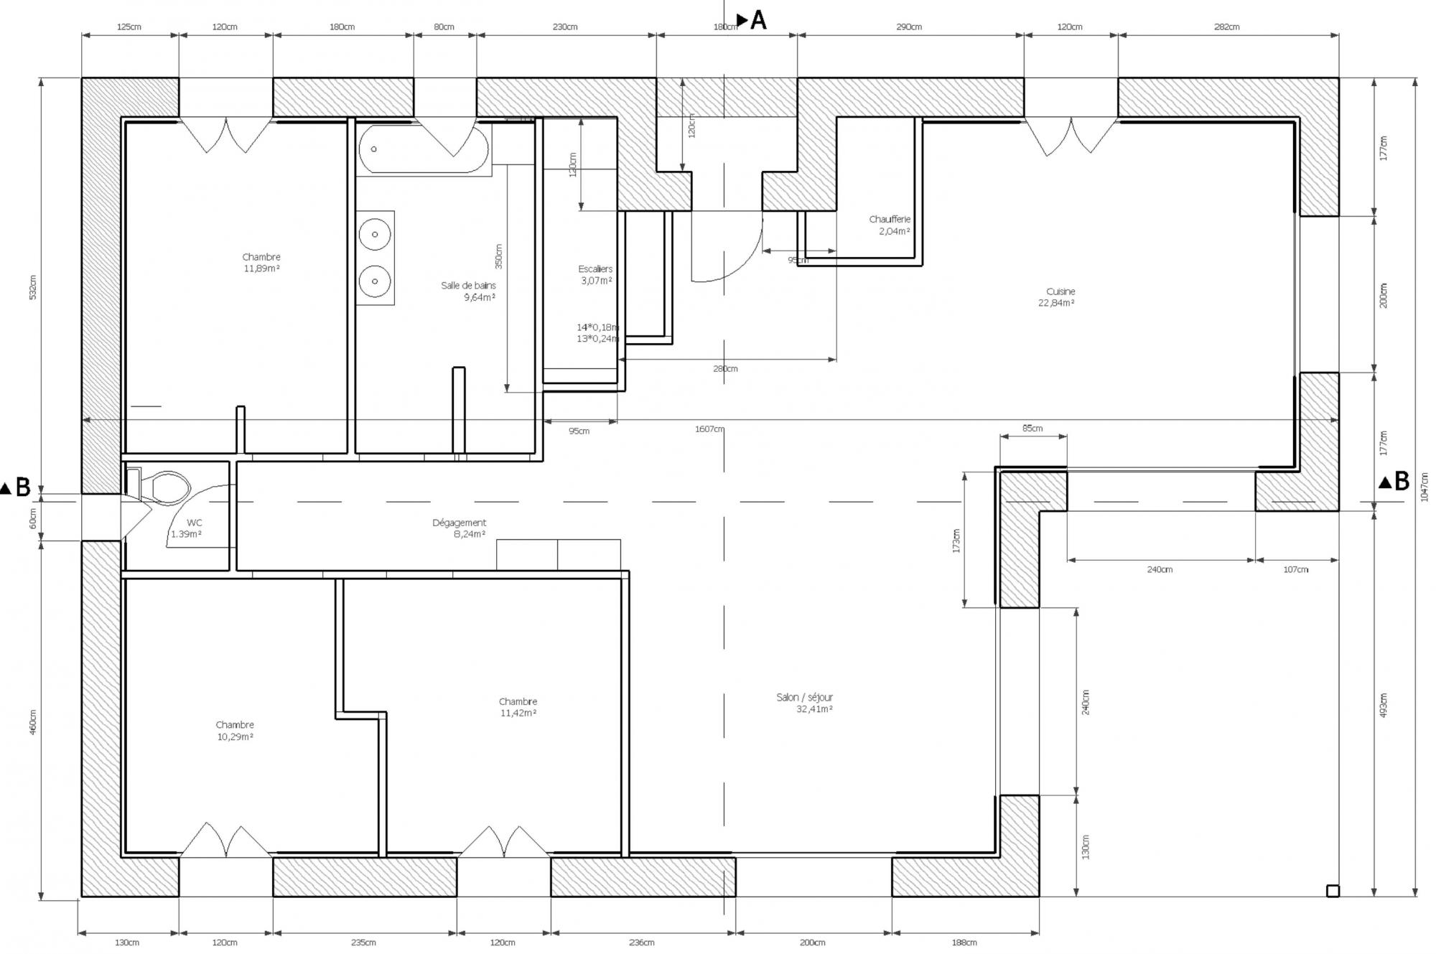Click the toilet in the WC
click(x=167, y=487)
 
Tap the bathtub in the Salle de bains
click(x=424, y=149)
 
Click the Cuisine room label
click(x=1060, y=291)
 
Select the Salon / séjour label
click(x=804, y=697)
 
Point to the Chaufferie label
click(x=890, y=219)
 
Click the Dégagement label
click(x=459, y=523)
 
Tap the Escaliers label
click(x=595, y=269)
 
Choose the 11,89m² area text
click(x=262, y=268)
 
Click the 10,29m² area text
click(x=235, y=736)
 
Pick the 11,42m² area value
click(x=518, y=713)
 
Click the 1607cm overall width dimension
click(x=709, y=429)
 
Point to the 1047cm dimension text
click(x=1425, y=487)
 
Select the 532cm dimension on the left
click(x=32, y=287)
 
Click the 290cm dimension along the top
click(x=909, y=27)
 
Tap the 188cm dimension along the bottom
click(x=964, y=943)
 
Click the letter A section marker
click(x=757, y=21)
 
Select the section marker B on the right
click(x=1401, y=482)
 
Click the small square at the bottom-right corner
click(x=1333, y=891)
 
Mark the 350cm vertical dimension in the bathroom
click(x=499, y=256)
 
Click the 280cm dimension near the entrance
click(x=725, y=369)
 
